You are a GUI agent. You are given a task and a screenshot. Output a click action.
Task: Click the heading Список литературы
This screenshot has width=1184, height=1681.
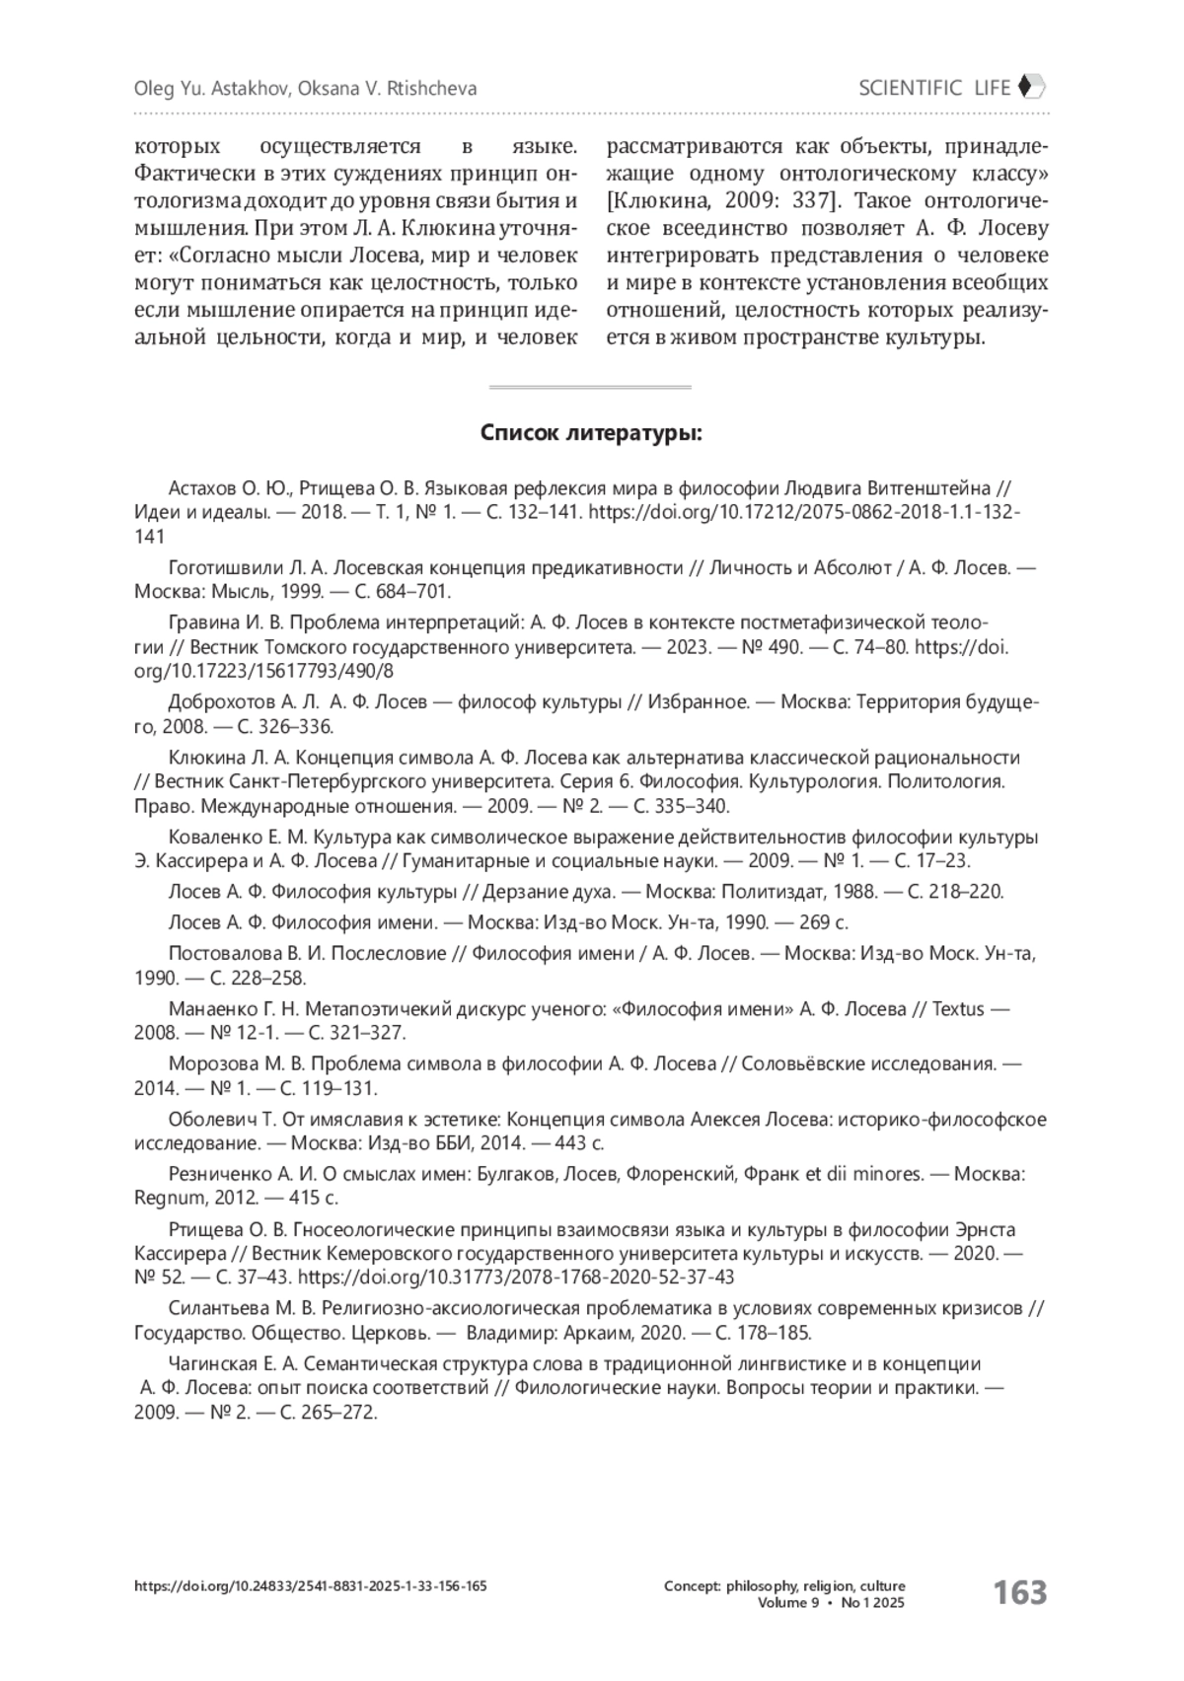coord(591,434)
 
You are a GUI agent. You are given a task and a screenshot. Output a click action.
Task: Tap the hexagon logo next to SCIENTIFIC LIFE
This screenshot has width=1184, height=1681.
coord(1031,87)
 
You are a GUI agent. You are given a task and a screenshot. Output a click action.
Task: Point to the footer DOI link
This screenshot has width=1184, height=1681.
coord(310,1586)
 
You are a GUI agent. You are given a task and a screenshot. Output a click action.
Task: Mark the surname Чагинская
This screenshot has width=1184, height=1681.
coord(213,1363)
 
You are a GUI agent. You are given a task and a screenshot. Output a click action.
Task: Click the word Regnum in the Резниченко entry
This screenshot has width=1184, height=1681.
coord(166,1199)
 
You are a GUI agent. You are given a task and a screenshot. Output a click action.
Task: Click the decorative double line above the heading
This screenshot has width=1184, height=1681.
coord(590,387)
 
